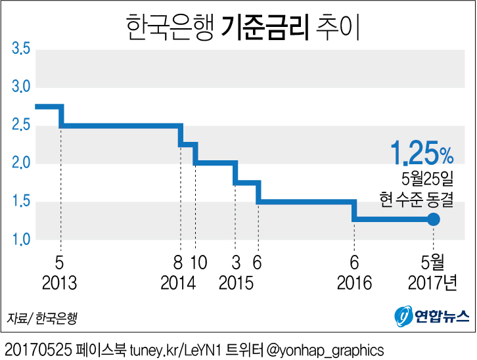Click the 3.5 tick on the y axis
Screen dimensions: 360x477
(x=20, y=49)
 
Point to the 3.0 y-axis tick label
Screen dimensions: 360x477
(x=20, y=87)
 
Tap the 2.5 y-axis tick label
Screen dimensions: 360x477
(x=20, y=125)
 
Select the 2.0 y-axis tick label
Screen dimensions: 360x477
(x=20, y=163)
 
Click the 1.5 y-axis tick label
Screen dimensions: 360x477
(x=20, y=201)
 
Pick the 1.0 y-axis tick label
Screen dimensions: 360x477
(x=20, y=239)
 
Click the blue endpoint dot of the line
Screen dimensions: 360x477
(x=433, y=219)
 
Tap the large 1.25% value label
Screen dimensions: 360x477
(x=420, y=154)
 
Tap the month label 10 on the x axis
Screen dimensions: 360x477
(x=198, y=263)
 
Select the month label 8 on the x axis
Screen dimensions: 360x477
(x=177, y=263)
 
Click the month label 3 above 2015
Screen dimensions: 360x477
(x=236, y=263)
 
